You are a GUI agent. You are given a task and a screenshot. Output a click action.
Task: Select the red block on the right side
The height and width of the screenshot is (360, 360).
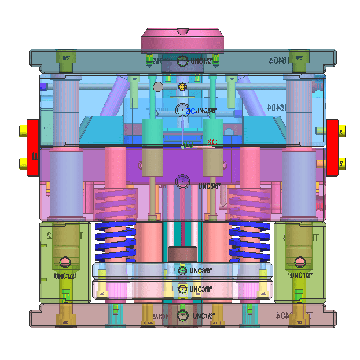[332, 147]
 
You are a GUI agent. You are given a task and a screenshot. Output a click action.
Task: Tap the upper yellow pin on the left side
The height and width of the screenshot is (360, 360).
[23, 131]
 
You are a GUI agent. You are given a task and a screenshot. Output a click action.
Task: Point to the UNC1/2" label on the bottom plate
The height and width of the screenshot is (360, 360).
[204, 316]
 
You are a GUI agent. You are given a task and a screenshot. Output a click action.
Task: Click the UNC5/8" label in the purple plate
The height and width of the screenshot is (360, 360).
[210, 186]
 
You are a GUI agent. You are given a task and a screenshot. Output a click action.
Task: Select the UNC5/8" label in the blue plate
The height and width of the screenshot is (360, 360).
[206, 110]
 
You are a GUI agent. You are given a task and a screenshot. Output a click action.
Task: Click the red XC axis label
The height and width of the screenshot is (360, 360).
[212, 142]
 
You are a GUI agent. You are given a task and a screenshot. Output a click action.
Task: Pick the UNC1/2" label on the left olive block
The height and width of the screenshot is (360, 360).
[65, 276]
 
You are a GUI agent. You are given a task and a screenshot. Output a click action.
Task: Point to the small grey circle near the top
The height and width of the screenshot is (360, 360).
[158, 87]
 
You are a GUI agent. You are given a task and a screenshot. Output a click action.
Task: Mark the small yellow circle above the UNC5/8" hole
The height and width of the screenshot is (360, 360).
[183, 87]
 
